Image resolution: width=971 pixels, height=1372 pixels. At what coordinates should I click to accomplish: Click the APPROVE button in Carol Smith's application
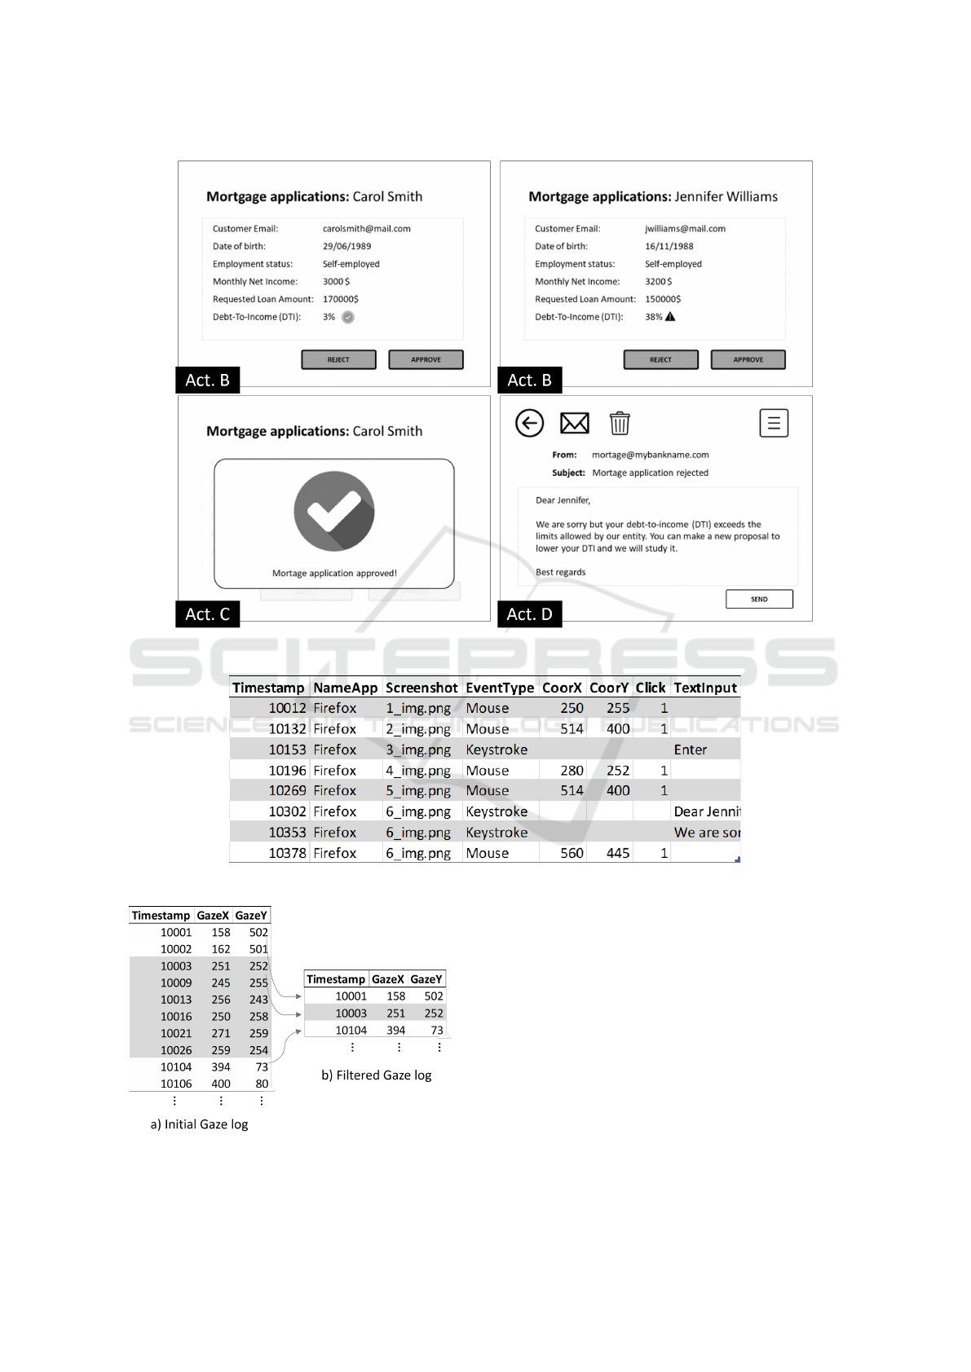pos(426,359)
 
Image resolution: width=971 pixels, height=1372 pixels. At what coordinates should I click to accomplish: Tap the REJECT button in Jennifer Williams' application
pos(660,359)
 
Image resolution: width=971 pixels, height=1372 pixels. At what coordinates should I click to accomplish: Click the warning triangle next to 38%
pos(670,317)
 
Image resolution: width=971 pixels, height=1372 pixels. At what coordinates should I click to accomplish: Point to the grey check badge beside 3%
pos(348,317)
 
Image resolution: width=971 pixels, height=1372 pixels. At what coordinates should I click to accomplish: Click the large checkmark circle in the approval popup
pos(334,511)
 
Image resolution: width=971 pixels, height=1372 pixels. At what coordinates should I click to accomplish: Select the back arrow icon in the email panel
pos(530,423)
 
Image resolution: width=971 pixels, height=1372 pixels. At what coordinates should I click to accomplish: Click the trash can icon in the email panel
pos(620,423)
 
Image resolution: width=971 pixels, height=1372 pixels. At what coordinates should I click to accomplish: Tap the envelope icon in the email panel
pos(575,423)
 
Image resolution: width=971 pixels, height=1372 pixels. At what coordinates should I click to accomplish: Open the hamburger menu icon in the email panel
pos(774,423)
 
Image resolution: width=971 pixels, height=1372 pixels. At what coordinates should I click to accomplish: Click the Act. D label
pos(529,614)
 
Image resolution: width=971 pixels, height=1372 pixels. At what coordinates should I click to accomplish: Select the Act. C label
pos(208,614)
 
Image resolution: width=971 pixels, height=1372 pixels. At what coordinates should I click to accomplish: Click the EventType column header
pos(500,688)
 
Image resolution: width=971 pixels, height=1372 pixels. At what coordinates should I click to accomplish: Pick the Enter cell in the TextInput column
pos(691,750)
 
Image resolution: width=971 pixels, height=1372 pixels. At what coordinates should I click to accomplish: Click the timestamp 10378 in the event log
pos(287,853)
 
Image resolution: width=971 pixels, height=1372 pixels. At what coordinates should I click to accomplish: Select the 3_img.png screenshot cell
pos(418,750)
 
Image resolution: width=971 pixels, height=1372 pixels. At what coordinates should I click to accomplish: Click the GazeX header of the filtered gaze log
pos(388,979)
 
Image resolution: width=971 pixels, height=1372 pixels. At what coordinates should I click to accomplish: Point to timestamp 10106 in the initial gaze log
pos(176,1084)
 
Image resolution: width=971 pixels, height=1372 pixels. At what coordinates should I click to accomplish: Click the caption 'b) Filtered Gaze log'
pos(377,1075)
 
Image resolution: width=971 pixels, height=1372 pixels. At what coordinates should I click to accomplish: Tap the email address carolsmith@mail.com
pos(367,229)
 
